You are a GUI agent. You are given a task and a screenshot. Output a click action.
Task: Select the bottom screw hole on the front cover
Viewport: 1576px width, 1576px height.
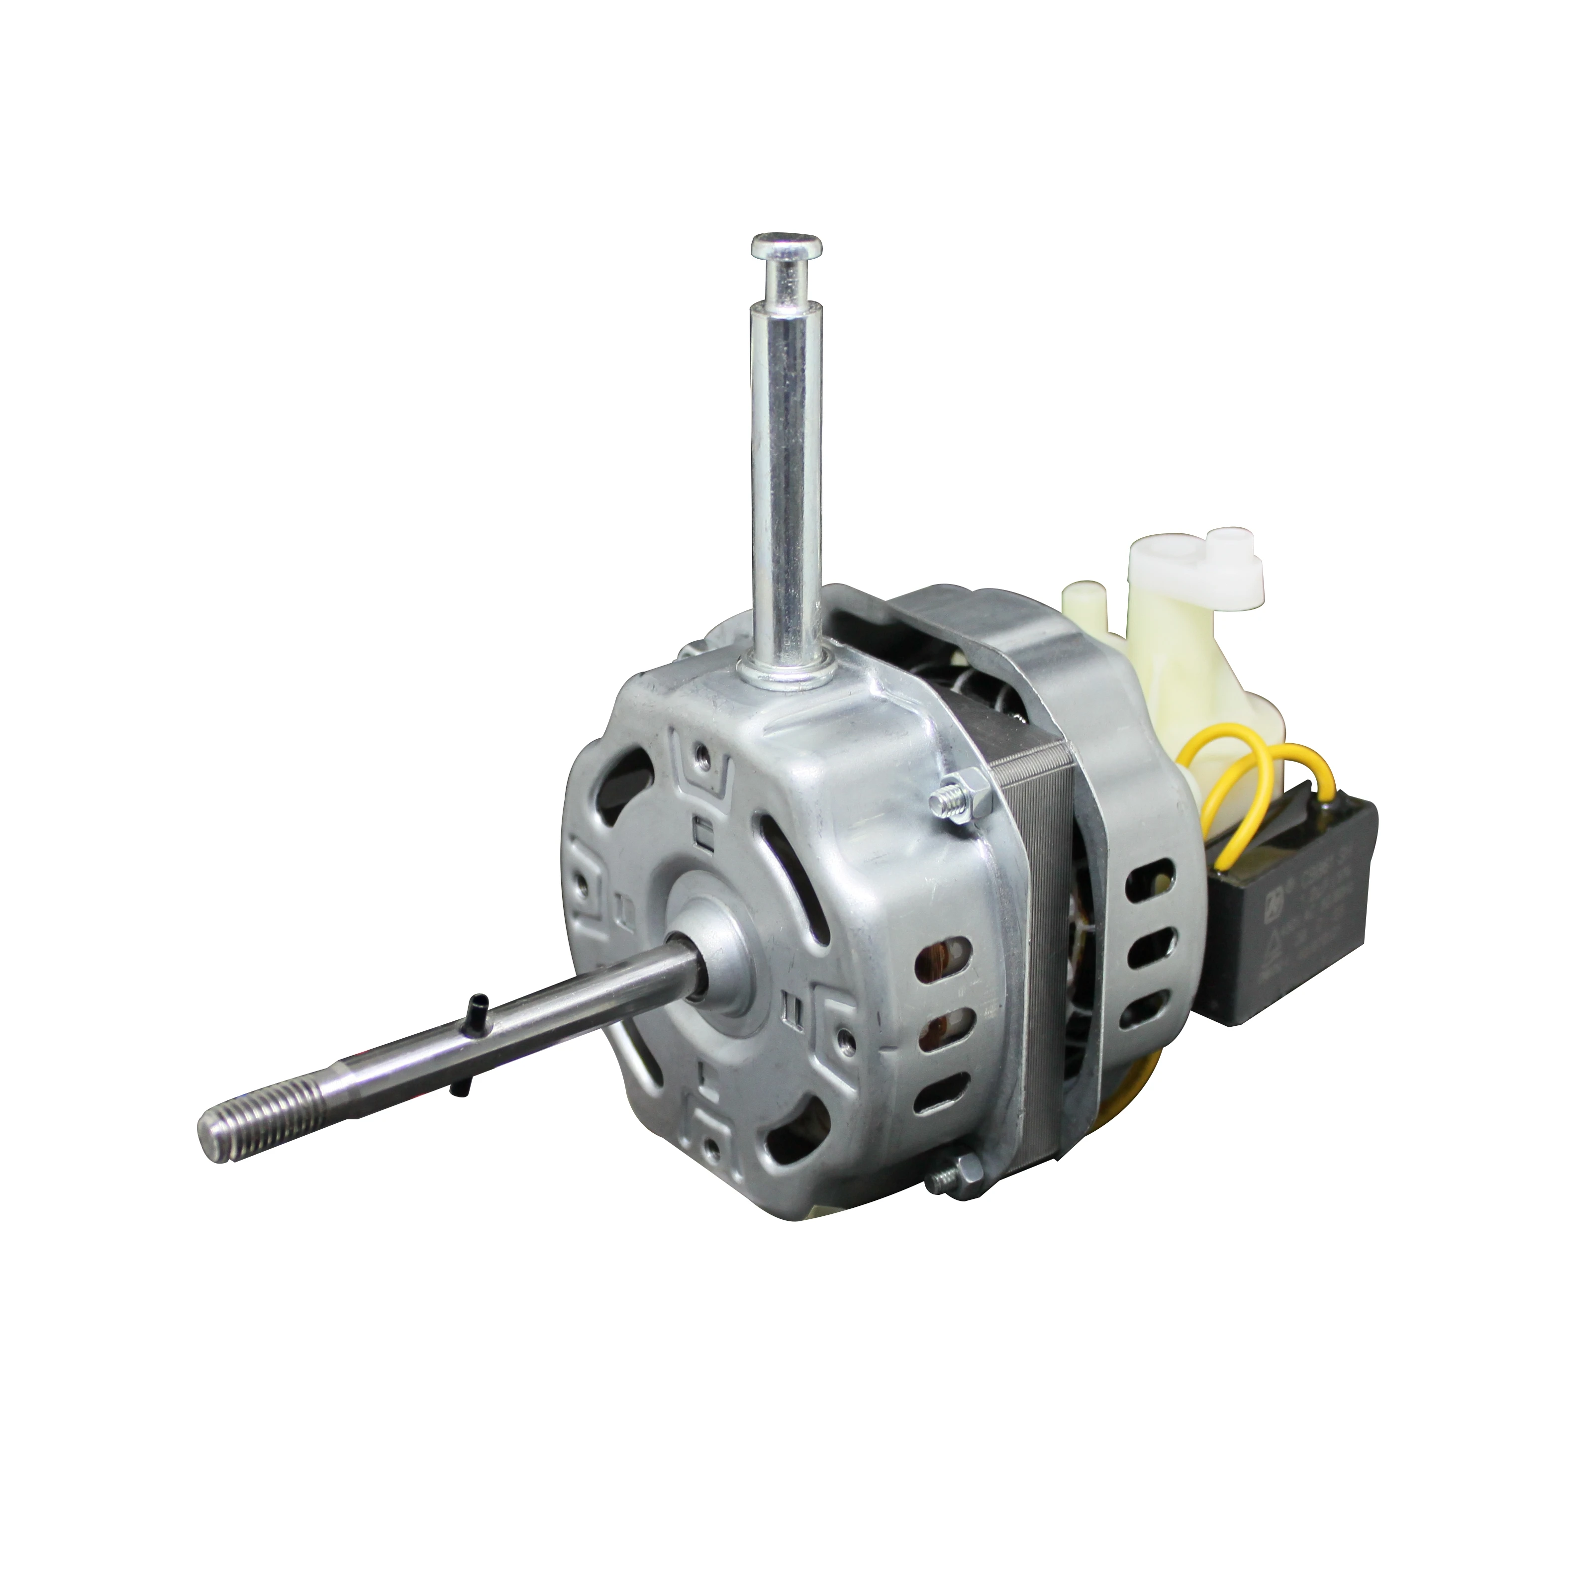click(x=714, y=1149)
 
